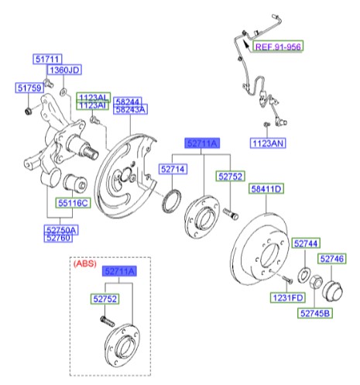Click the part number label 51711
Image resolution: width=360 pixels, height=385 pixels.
click(46, 59)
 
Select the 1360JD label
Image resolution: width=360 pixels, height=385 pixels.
click(65, 70)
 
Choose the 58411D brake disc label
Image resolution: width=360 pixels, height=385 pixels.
click(266, 188)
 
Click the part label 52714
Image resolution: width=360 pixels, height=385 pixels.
click(173, 168)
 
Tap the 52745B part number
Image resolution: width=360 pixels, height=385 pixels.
click(315, 313)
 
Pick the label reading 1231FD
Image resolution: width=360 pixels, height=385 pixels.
click(286, 298)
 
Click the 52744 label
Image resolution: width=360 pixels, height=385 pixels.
click(305, 244)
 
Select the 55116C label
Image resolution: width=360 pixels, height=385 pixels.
click(74, 203)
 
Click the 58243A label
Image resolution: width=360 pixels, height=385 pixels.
click(129, 111)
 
